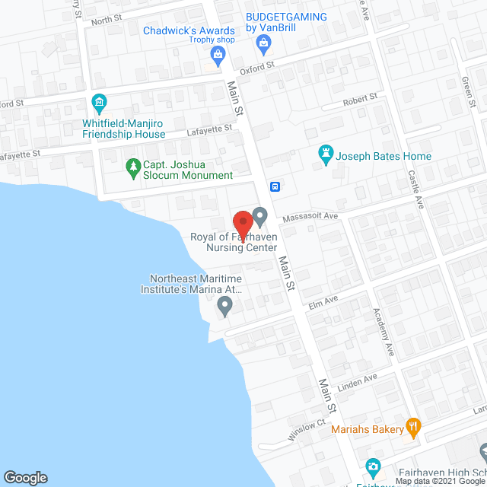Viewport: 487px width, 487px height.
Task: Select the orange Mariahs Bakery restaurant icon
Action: point(414,428)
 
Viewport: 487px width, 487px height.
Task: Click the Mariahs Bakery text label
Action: point(368,429)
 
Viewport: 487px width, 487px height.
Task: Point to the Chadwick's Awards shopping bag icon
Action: point(218,53)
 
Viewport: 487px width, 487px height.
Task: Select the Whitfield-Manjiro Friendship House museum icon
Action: point(98,101)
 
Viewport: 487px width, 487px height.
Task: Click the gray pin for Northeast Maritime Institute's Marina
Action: point(224,307)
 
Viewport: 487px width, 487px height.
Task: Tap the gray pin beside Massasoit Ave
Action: point(260,217)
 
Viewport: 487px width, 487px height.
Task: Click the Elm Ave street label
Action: point(323,302)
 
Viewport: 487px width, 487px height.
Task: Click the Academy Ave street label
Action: point(384,332)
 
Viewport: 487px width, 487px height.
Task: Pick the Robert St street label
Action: point(360,99)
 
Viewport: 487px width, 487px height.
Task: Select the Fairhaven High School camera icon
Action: point(373,465)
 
